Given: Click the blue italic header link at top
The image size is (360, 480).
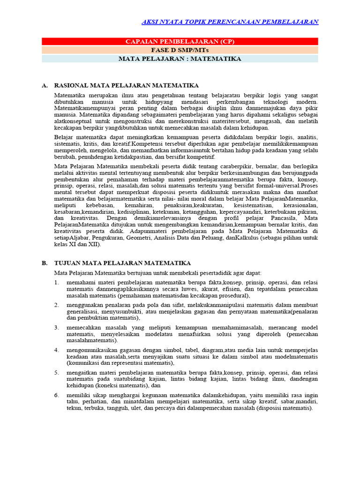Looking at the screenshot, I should click(230, 22).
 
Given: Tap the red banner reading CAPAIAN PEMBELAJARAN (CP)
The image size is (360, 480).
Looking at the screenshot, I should click(180, 42).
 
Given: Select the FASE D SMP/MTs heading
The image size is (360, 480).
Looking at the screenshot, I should click(180, 50).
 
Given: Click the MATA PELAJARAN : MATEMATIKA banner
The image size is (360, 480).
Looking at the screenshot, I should click(180, 59).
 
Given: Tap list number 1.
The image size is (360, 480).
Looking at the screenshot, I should click(56, 283).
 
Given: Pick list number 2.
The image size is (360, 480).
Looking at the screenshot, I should click(56, 305).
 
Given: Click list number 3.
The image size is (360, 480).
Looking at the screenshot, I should click(56, 327).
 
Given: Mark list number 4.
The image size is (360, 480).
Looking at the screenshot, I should click(56, 350).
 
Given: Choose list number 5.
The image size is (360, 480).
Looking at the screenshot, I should click(56, 372).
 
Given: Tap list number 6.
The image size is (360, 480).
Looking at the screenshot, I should click(56, 395).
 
